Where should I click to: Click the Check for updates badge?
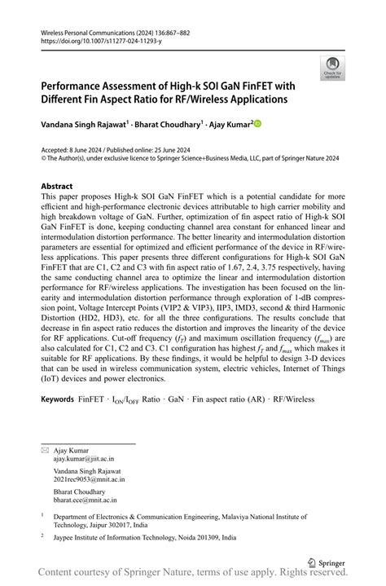click(x=332, y=68)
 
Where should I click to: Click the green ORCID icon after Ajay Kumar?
click(x=258, y=124)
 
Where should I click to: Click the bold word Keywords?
click(x=57, y=400)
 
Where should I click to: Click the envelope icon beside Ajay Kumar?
click(x=45, y=450)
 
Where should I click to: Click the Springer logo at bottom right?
click(x=327, y=561)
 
